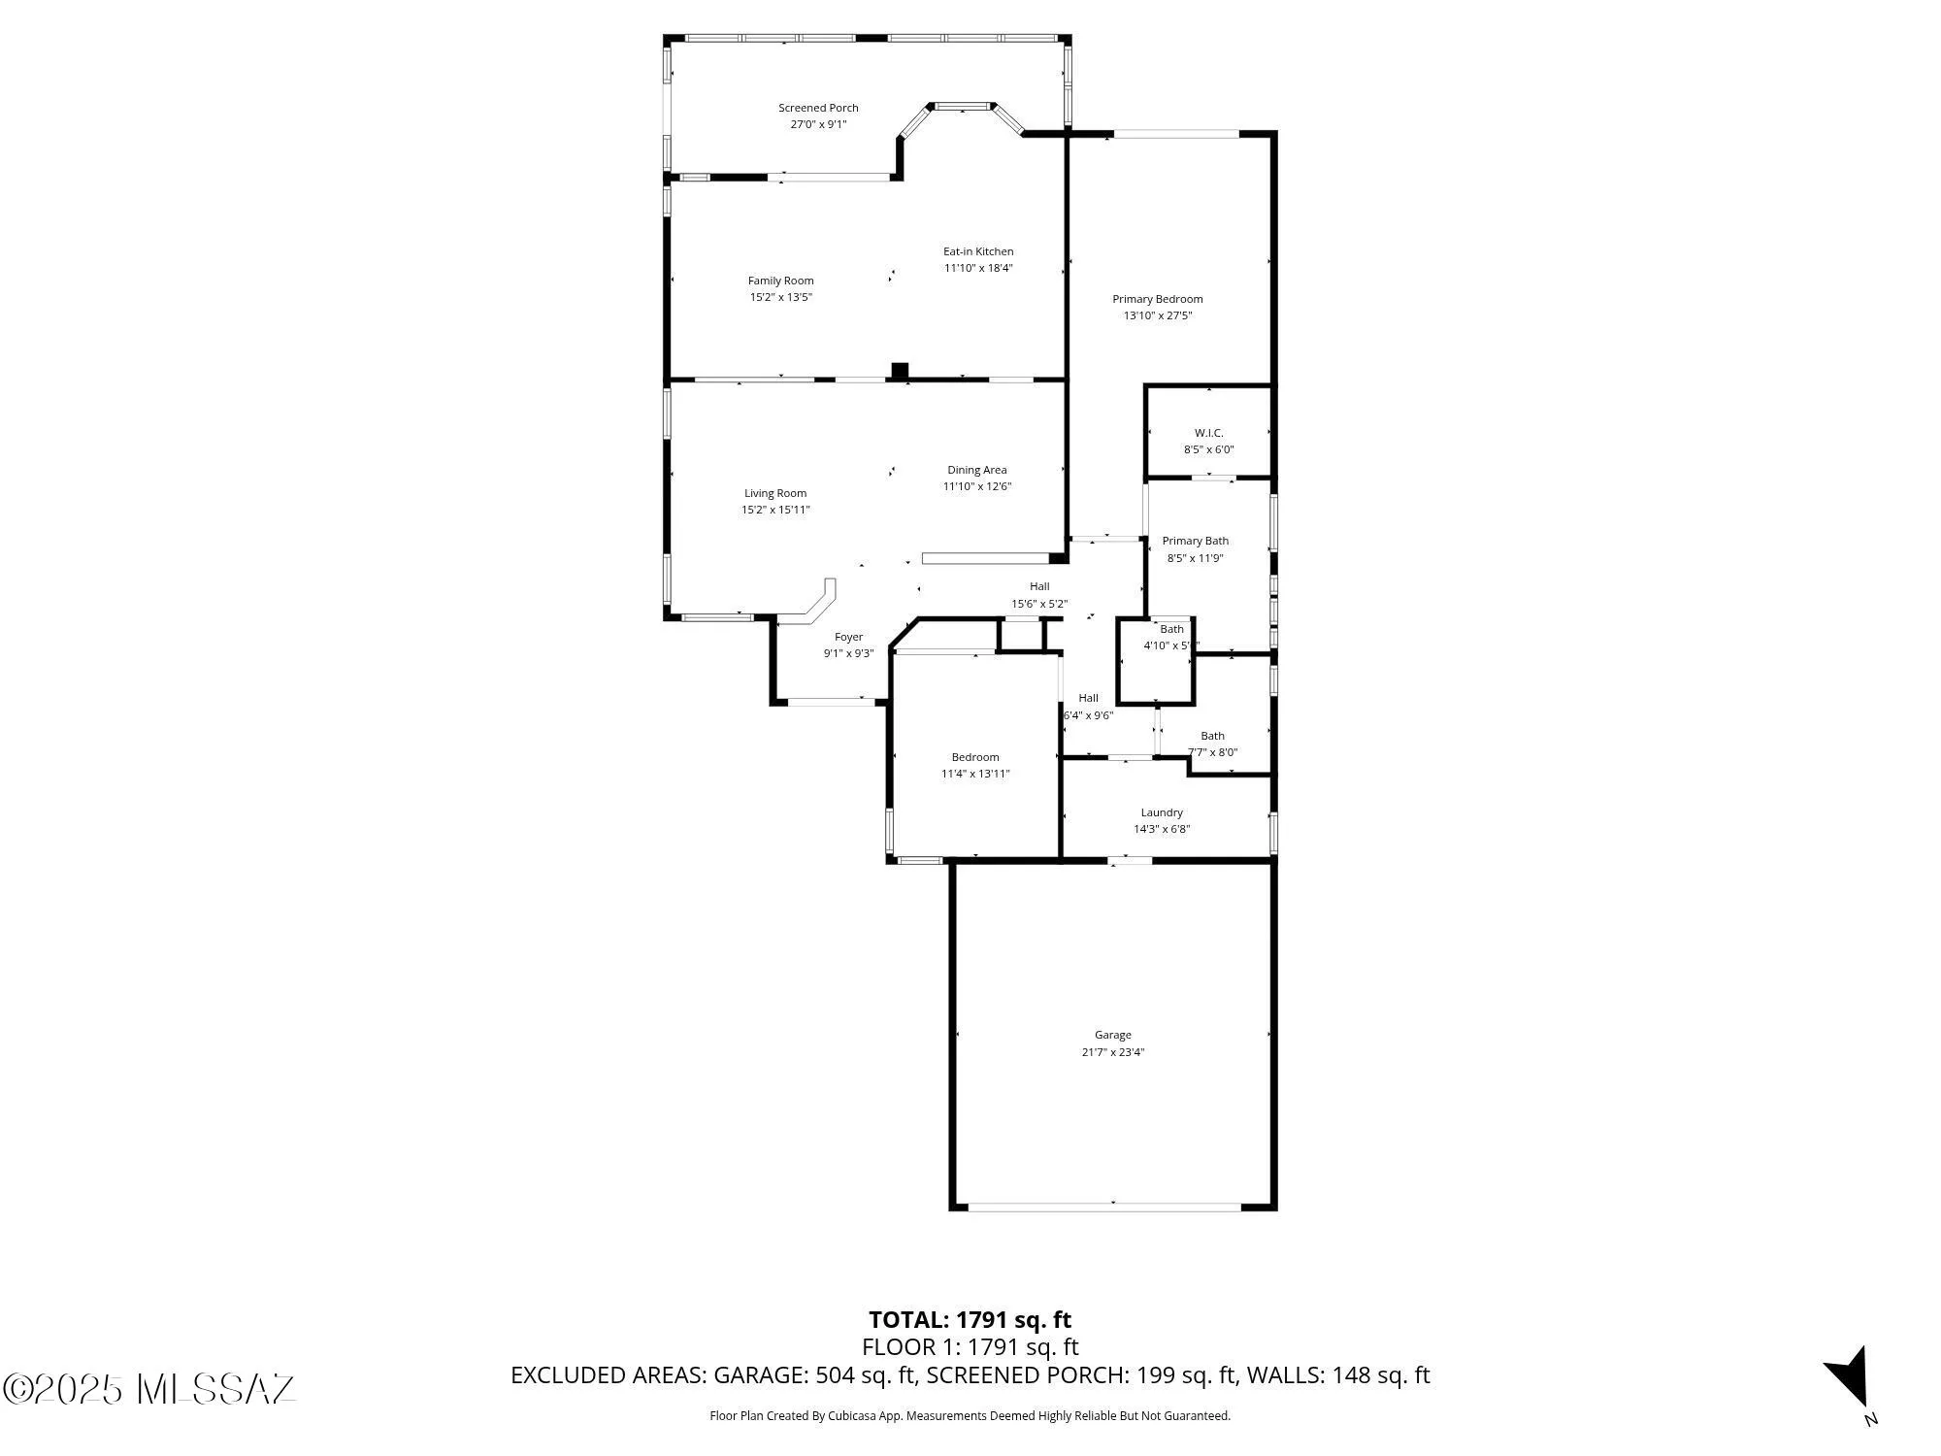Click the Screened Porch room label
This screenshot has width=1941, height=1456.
click(x=818, y=108)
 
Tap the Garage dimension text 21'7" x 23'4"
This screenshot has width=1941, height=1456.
click(x=1113, y=1052)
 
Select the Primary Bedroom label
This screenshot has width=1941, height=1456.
click(x=1157, y=299)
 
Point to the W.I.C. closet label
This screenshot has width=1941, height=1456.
click(x=1208, y=433)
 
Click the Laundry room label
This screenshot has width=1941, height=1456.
click(x=1162, y=812)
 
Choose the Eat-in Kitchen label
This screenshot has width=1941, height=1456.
click(x=978, y=251)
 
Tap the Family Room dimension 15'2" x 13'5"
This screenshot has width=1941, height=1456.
click(x=780, y=297)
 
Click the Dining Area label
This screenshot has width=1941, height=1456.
click(x=976, y=470)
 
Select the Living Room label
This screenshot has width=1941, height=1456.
click(x=775, y=493)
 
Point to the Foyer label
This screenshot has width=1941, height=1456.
click(x=848, y=637)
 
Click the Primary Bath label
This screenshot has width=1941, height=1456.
click(x=1195, y=541)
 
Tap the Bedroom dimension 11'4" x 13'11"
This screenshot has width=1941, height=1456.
click(x=975, y=774)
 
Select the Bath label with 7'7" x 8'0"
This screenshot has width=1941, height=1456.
click(x=1212, y=736)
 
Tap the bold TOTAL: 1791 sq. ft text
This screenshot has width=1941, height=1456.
click(x=970, y=1320)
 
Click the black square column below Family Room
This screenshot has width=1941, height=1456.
click(x=900, y=371)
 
